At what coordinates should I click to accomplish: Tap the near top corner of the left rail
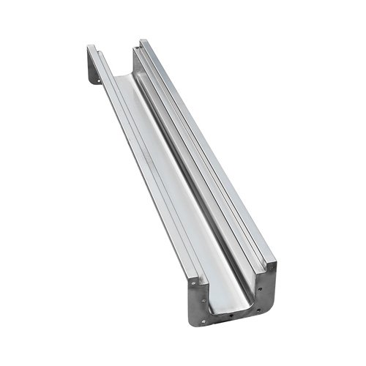192,274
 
